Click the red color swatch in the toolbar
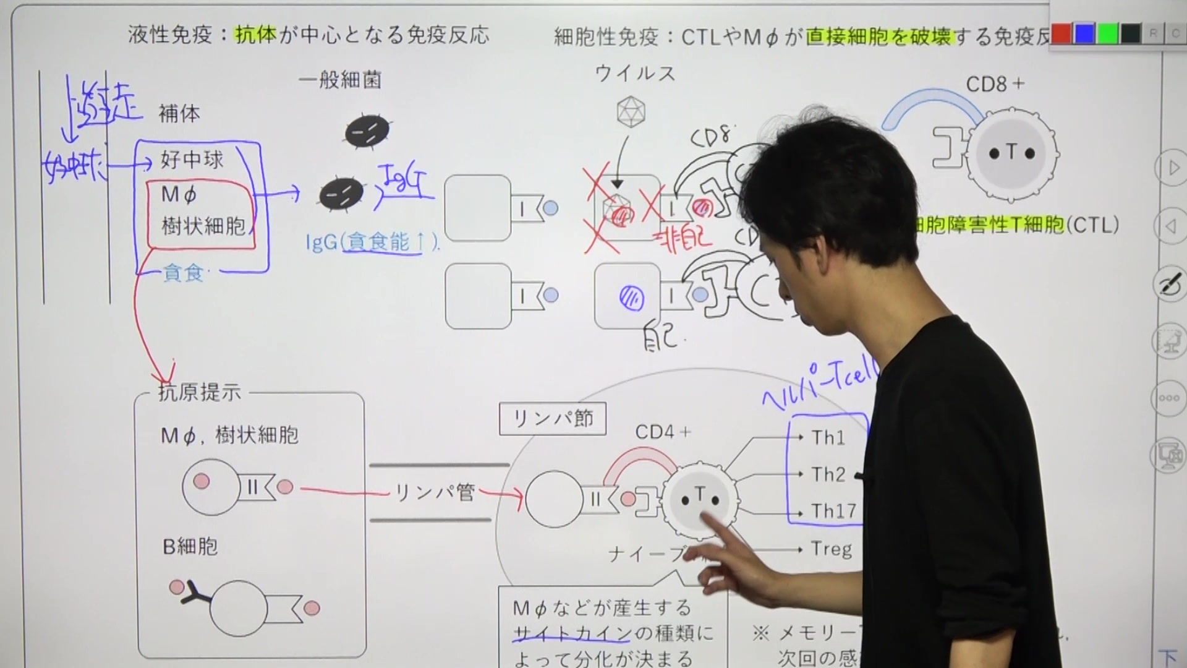pos(1061,34)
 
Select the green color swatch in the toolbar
pos(1107,34)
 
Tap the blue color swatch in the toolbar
pos(1084,34)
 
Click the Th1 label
pos(828,438)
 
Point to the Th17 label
pos(833,512)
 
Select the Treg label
pos(831,549)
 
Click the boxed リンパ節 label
pos(553,419)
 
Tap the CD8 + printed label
pos(995,84)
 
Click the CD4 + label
pos(662,432)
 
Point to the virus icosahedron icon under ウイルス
pos(631,112)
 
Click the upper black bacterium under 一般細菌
pos(367,131)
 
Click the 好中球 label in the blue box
pos(192,160)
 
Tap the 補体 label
pos(179,114)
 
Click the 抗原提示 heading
pos(199,392)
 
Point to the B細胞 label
pos(190,547)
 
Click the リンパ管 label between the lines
pos(435,493)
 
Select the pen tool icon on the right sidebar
pos(1168,285)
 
